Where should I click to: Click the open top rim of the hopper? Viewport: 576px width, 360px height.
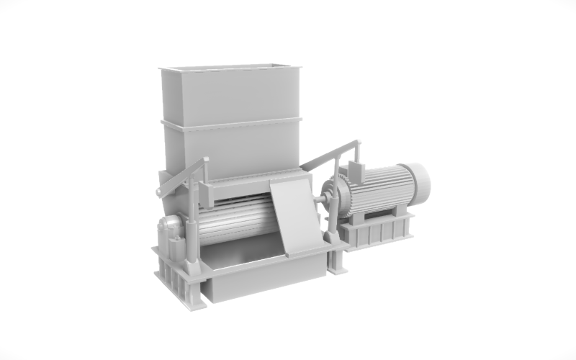(230, 68)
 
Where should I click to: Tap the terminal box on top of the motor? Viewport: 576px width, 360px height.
(354, 171)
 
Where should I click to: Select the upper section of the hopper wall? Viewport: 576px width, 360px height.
(230, 94)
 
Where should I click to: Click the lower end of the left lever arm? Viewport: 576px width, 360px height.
(159, 192)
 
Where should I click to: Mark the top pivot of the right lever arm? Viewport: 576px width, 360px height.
(355, 144)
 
